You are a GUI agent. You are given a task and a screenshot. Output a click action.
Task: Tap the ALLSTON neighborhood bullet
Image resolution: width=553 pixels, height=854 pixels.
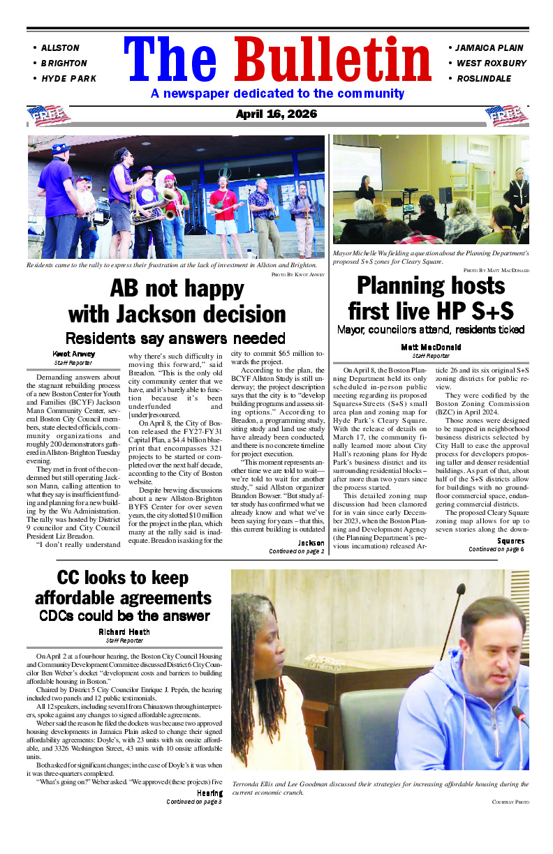point(59,48)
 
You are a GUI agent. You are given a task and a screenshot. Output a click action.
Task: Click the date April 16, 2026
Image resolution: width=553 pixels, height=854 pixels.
point(276,114)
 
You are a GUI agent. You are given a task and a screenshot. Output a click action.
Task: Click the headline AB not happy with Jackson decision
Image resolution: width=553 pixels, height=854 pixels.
point(177,301)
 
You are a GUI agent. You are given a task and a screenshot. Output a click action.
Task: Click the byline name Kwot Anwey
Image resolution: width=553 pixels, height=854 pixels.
point(73,354)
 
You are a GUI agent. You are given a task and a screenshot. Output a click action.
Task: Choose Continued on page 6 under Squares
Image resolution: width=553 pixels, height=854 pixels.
point(496,549)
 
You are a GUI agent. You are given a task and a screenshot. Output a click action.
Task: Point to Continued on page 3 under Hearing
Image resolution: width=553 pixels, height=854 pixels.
point(194,802)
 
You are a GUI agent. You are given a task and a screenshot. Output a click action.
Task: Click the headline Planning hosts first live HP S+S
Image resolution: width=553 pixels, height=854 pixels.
point(431,298)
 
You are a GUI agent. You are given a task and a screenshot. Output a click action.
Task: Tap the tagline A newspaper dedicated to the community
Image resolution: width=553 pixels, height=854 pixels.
point(277,93)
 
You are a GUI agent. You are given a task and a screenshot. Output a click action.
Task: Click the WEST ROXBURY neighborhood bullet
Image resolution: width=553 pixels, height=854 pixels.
point(491,63)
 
